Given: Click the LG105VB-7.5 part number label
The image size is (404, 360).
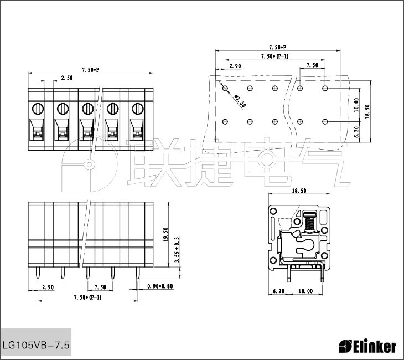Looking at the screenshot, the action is click(x=36, y=345).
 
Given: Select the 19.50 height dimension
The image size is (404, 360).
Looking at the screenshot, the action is click(x=165, y=234).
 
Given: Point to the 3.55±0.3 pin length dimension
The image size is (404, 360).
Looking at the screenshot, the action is click(x=177, y=250).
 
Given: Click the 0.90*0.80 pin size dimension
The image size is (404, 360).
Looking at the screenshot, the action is click(x=160, y=286).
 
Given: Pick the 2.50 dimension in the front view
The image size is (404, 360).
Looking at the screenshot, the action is click(x=67, y=78).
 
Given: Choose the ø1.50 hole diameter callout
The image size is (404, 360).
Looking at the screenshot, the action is click(x=240, y=101).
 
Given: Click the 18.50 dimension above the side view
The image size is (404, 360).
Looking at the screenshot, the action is click(x=299, y=191).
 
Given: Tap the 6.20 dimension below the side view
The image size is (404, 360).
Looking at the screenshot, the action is click(x=278, y=291).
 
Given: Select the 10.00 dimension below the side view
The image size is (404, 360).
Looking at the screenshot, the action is click(x=305, y=291).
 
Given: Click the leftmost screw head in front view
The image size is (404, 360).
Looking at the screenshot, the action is click(x=38, y=109).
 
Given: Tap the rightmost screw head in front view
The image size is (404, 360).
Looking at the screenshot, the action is click(x=138, y=109).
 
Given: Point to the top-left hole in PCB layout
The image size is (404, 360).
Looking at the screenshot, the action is click(x=225, y=89).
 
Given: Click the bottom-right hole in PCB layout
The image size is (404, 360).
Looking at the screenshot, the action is click(x=325, y=121).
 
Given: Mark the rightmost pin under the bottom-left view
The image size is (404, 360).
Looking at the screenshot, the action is click(x=138, y=273).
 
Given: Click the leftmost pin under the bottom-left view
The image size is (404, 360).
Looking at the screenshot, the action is click(x=38, y=273).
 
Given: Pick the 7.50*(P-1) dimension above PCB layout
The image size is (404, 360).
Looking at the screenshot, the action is click(x=274, y=56).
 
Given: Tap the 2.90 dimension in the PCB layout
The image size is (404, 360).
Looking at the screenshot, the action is click(x=235, y=66).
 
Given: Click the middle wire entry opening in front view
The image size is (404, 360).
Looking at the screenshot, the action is click(x=86, y=130).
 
